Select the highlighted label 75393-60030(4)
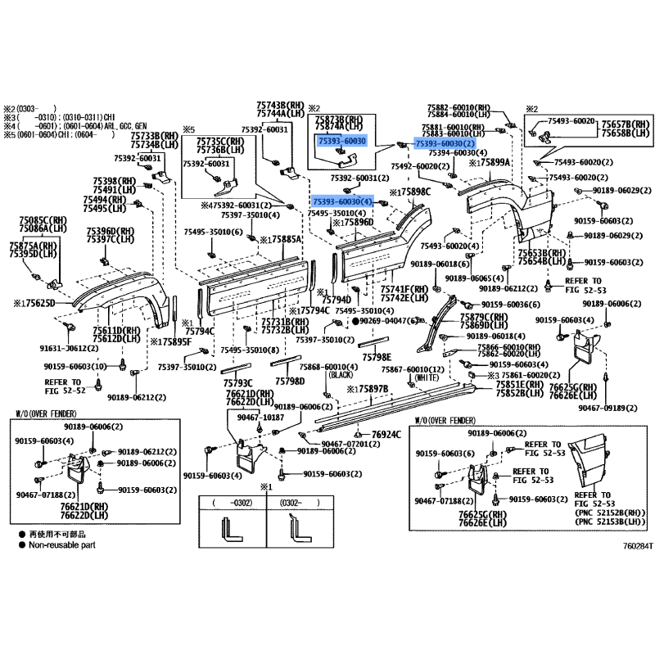click(342, 201)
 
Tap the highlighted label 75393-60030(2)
click(445, 144)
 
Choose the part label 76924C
click(386, 434)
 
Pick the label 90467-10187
click(260, 418)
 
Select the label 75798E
click(377, 357)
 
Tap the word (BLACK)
click(338, 374)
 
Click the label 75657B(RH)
click(626, 123)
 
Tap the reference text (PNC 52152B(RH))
click(610, 512)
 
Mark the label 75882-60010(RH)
click(458, 107)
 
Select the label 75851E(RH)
click(522, 383)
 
